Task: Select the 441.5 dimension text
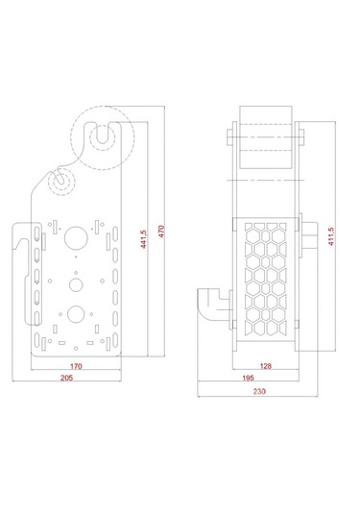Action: (143, 239)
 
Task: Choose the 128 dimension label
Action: (266, 367)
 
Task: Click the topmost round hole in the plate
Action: (74, 234)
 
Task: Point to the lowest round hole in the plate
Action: (74, 312)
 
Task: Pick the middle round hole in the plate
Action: (74, 283)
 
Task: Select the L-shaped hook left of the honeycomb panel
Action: (212, 306)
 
